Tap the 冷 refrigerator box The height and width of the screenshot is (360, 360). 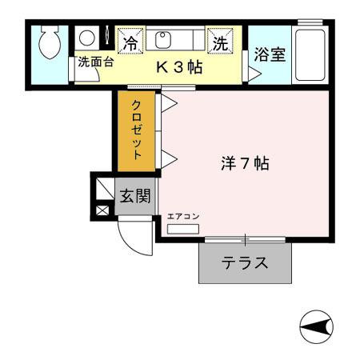[130, 39]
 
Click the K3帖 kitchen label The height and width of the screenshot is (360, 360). [178, 67]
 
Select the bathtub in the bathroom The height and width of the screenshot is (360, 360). [309, 54]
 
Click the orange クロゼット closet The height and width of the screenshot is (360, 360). [138, 130]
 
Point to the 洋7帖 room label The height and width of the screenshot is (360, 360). [245, 164]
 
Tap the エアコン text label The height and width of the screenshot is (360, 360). [183, 217]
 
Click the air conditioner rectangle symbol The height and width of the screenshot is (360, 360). [183, 229]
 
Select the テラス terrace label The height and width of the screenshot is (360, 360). [245, 262]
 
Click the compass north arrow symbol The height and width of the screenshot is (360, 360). [317, 326]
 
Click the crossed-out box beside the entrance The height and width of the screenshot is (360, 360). [103, 212]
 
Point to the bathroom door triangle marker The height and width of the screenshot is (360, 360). [253, 74]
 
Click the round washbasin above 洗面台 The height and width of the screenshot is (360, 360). [86, 38]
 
